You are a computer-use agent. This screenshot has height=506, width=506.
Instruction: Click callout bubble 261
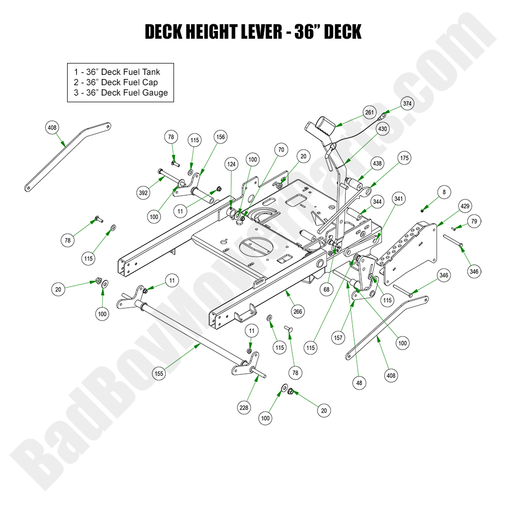tap(369, 113)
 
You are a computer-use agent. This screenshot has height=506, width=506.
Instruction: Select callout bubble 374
tap(407, 103)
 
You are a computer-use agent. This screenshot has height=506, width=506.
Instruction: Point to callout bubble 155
tap(160, 372)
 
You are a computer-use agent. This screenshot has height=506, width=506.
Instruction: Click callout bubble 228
tap(244, 408)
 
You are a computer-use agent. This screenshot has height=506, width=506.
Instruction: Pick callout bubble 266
tap(298, 311)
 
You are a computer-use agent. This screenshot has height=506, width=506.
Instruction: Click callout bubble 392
tap(143, 193)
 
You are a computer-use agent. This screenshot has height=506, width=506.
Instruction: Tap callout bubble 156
tap(220, 137)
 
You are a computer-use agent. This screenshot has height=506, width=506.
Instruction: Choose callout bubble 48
tap(359, 384)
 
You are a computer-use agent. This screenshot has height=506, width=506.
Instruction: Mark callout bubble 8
tap(443, 192)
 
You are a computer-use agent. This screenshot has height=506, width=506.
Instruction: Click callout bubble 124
tap(231, 164)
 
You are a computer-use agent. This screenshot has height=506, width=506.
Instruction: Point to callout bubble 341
tap(399, 198)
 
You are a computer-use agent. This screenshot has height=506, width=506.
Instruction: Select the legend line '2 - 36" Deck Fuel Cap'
tap(116, 82)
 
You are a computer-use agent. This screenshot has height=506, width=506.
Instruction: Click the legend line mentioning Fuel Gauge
tap(120, 93)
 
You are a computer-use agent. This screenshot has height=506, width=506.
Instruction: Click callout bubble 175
tap(404, 158)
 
